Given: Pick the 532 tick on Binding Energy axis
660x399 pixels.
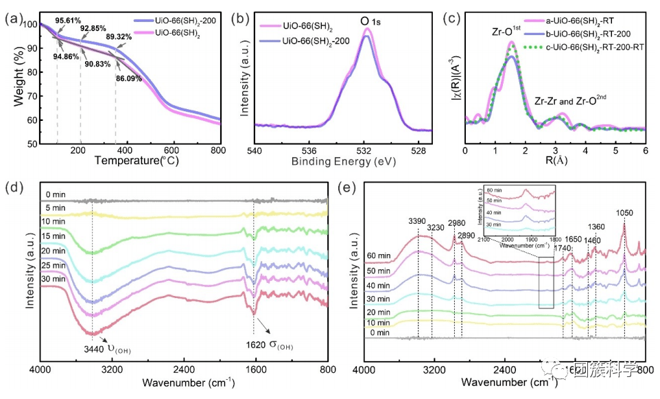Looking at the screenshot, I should coord(365,150).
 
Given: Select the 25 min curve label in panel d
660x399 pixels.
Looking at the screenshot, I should coord(54,264).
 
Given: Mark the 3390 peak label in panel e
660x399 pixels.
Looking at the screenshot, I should coord(417,221).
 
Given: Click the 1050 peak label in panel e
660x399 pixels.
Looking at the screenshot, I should coord(624,213).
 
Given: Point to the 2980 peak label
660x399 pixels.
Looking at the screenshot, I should coord(456,223).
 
